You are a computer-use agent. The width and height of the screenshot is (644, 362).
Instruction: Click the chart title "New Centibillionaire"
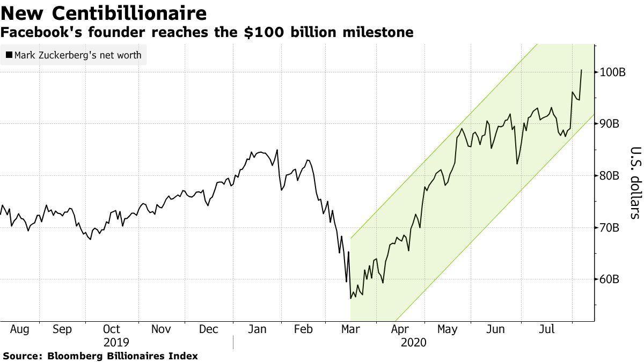tap(104, 13)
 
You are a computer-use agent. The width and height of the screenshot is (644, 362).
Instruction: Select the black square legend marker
tap(9, 55)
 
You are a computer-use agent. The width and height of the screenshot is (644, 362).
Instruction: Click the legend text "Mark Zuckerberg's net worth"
tap(78, 55)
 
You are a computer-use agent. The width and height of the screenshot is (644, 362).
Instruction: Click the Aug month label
tap(20, 329)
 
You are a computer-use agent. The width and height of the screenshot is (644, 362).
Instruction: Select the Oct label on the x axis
tap(111, 329)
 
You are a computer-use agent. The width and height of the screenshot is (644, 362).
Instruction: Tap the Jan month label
tap(257, 329)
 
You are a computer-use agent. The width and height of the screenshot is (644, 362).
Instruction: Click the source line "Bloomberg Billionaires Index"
tap(123, 356)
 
